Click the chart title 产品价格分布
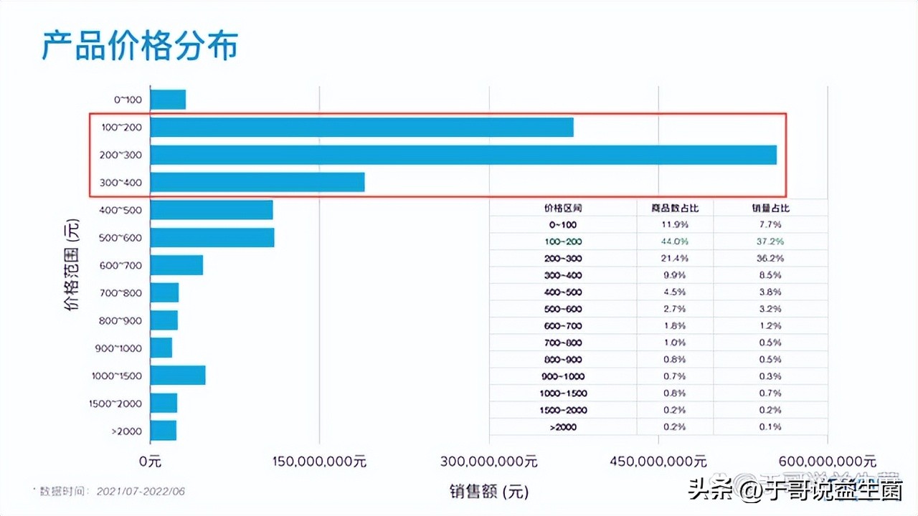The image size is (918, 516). coord(139,46)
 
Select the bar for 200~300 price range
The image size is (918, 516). coord(463,155)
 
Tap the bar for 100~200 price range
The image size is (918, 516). coord(361,128)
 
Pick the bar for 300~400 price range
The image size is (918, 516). coord(257,182)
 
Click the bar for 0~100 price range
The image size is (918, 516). coord(168,100)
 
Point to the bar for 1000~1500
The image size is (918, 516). coord(178,376)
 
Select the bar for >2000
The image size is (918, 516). coord(164,430)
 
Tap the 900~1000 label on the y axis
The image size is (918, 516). coord(118,348)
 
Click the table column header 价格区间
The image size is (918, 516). coord(563,208)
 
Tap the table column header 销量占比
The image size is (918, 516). coord(770,208)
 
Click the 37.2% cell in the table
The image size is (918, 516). coord(771,242)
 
